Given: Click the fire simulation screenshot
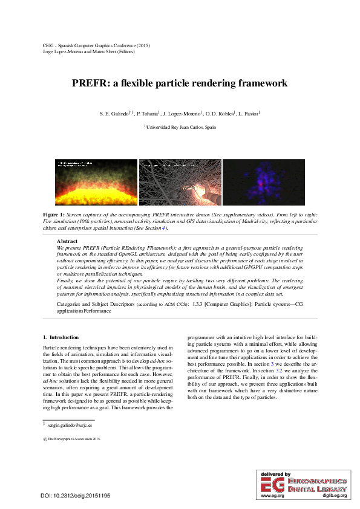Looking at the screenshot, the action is (x=96, y=183).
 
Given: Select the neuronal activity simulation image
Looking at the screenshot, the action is (x=180, y=183).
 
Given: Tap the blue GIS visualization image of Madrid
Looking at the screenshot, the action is (x=263, y=183).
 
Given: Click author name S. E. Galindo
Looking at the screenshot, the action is (x=114, y=114).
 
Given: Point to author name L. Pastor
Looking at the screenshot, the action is (x=247, y=114).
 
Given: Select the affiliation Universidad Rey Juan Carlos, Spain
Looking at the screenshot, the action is (x=181, y=128).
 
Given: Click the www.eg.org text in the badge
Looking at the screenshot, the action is (x=272, y=496).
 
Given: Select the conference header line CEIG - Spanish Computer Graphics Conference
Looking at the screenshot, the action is (x=97, y=45).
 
